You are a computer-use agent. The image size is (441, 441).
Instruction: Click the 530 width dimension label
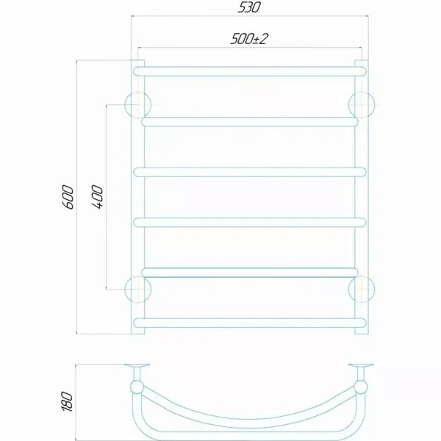249,7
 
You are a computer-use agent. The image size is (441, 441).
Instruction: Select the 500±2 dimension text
249,39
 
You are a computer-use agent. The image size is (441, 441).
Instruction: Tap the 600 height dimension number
68,197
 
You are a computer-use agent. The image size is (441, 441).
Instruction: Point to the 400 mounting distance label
97,197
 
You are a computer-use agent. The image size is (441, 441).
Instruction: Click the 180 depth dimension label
68,401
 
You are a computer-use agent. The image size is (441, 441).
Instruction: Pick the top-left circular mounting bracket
138,105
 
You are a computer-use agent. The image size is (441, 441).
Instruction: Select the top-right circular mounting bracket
362,105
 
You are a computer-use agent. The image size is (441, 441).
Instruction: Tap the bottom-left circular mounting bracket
138,290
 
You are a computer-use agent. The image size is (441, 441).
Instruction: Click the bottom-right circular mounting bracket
362,290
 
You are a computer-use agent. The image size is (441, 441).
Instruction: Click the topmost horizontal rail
250,71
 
